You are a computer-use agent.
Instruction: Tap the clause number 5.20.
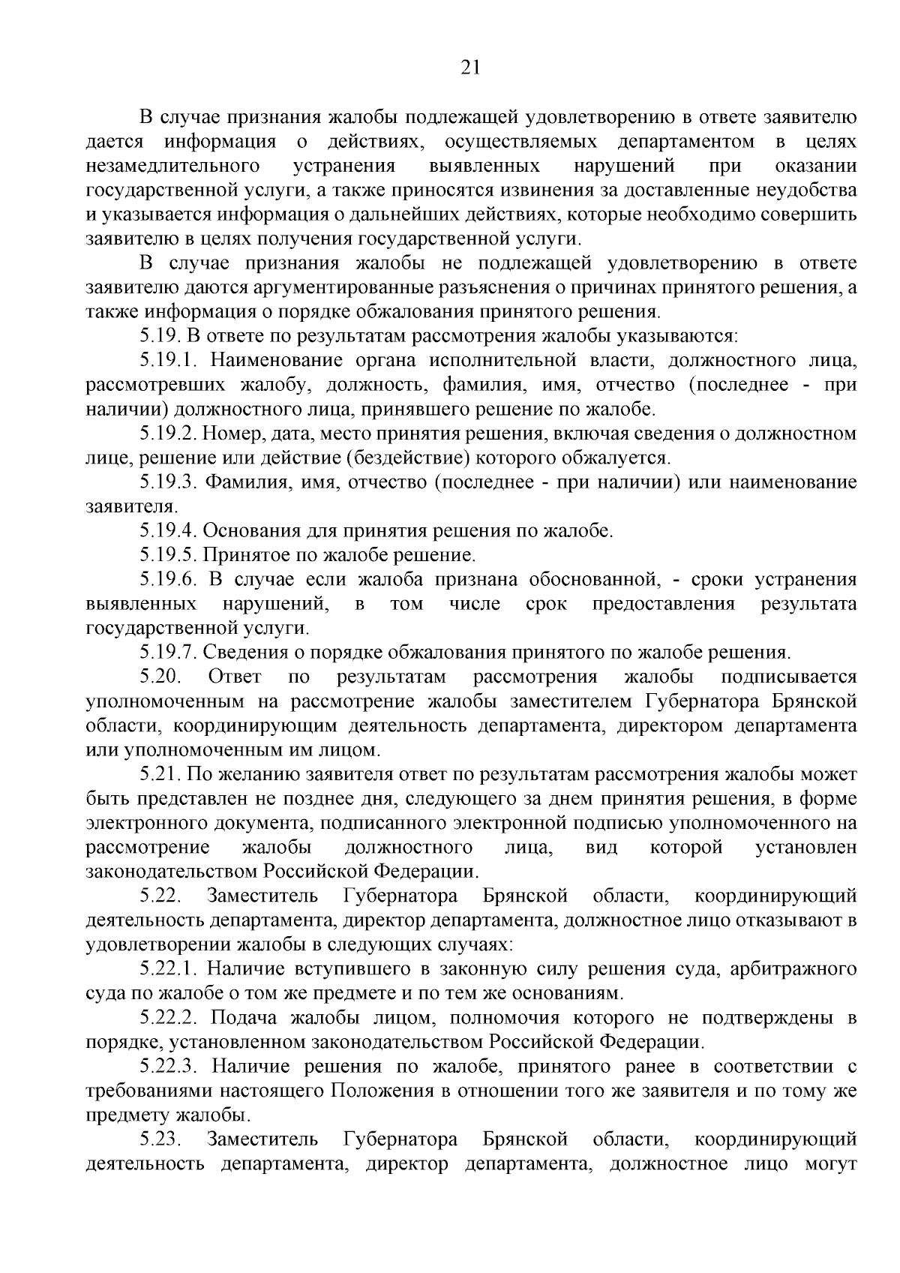coord(160,677)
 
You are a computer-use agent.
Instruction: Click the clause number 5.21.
coord(160,774)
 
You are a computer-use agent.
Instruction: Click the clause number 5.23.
coord(160,1139)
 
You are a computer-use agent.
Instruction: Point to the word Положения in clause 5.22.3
coord(381,1091)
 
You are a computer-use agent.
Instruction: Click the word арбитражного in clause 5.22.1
coord(795,969)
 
